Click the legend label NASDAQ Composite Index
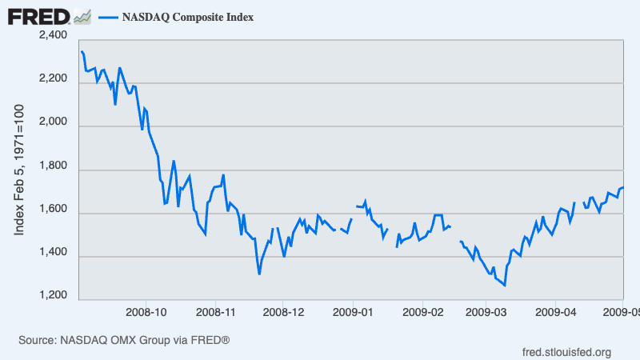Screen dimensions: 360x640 tap(188, 17)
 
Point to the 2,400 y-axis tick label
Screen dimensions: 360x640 tap(54, 36)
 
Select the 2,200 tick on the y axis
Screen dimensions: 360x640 tap(54, 79)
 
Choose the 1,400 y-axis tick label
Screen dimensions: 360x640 tap(54, 255)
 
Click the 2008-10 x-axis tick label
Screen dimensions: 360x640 tap(147, 310)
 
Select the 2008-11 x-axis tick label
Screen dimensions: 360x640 tap(216, 310)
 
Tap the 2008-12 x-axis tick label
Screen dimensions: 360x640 tap(284, 310)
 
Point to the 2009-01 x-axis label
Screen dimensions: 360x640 tap(354, 310)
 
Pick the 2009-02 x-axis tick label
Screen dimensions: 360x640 tap(422, 310)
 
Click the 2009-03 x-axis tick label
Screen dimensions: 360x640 tap(486, 310)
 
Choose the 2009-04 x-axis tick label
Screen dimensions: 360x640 tap(554, 310)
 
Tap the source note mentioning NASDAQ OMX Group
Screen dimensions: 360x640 tap(124, 341)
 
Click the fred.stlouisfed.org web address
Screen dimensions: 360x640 tap(566, 352)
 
